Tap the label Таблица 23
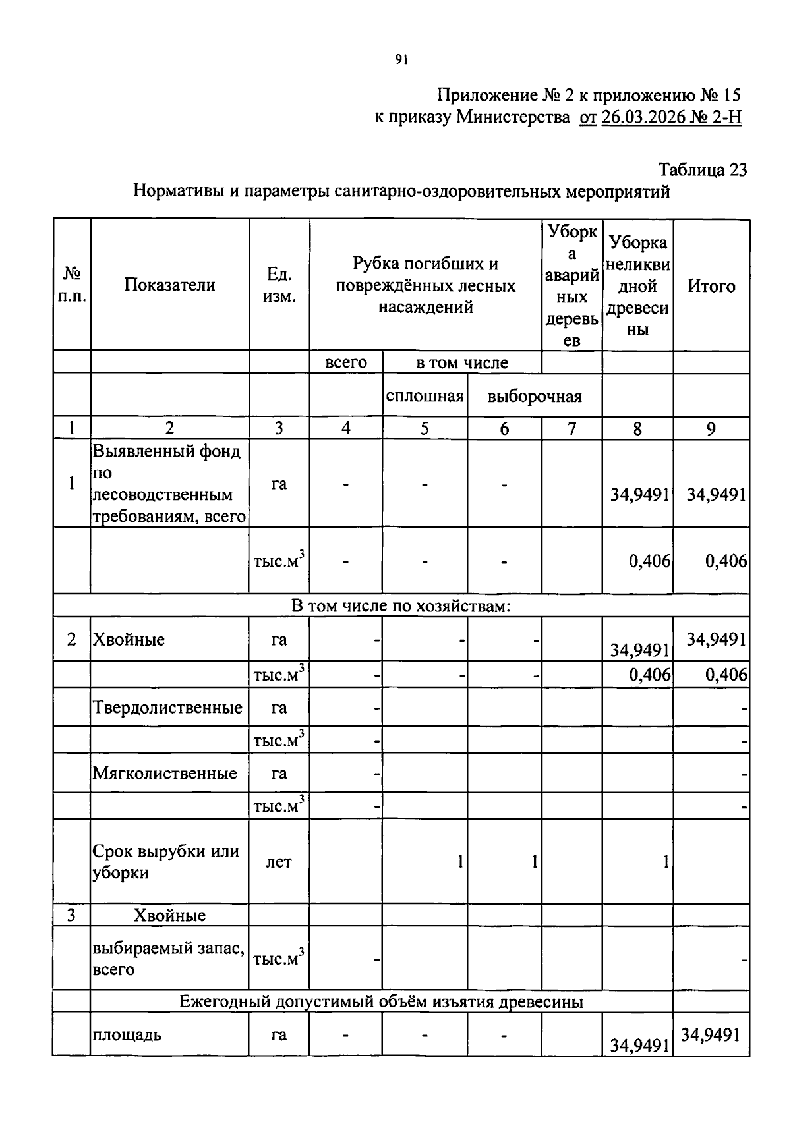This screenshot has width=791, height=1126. tap(703, 170)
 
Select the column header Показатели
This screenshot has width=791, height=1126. tap(169, 285)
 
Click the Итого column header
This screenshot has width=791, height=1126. tap(711, 285)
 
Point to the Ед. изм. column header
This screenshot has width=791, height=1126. tap(279, 285)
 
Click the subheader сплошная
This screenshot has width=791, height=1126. tap(425, 396)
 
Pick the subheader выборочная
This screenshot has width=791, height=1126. tap(535, 396)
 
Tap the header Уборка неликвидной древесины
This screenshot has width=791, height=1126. tap(637, 285)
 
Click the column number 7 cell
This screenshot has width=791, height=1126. tap(571, 429)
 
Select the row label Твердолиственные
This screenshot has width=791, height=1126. tap(167, 708)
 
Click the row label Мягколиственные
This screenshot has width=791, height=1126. tap(165, 773)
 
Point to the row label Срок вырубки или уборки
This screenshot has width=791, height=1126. tap(165, 861)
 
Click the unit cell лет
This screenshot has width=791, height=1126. tap(278, 862)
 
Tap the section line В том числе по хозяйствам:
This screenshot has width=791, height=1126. tap(401, 605)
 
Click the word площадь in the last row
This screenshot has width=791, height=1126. tap(127, 1034)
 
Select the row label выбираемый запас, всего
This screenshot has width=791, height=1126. tap(168, 959)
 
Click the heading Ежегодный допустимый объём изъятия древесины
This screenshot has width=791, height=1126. tap(381, 1001)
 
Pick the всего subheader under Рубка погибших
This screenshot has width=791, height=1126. tap(346, 362)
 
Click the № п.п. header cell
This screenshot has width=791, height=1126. tap(71, 285)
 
